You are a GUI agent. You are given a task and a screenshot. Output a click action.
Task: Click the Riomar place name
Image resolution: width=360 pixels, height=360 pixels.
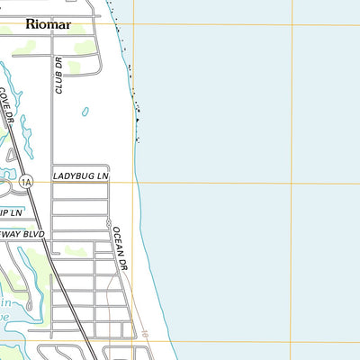(48, 24)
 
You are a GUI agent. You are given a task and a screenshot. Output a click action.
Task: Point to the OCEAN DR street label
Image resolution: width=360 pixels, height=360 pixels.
(121, 249)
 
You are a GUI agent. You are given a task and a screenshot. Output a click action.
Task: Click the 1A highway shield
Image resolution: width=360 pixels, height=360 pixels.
(27, 181)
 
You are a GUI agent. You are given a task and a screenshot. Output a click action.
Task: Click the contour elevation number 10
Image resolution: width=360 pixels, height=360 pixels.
(144, 334)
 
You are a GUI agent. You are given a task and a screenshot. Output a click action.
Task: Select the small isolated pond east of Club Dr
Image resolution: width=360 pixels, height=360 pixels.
(85, 112)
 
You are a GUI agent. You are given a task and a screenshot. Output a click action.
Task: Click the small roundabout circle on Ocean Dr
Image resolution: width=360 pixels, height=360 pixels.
(108, 222)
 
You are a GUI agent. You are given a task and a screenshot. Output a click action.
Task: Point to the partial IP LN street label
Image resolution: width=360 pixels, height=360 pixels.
(11, 212)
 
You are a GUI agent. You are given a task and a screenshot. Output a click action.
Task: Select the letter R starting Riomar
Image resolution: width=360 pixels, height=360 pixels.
(31, 24)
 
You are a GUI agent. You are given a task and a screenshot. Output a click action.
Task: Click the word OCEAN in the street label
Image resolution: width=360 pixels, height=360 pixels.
(118, 241)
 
